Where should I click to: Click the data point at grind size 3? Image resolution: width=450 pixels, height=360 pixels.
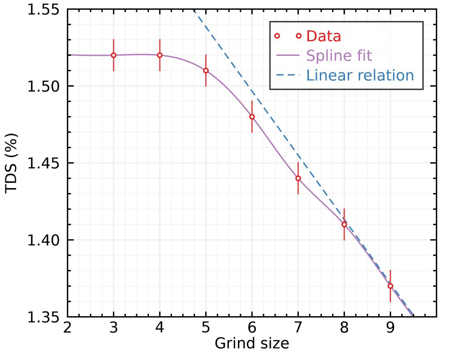[113, 55]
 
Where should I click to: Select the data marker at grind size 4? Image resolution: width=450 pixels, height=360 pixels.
[160, 55]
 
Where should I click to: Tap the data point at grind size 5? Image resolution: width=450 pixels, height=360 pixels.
[206, 70]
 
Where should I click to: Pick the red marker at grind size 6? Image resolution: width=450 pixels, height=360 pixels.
[252, 116]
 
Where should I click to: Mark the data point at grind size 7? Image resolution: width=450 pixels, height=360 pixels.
[298, 178]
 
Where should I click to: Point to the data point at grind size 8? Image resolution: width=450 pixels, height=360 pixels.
[344, 224]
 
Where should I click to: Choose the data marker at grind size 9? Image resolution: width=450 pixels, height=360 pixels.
[390, 286]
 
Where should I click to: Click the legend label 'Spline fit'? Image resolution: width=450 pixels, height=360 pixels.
[339, 56]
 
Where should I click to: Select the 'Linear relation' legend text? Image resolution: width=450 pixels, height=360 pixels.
[360, 75]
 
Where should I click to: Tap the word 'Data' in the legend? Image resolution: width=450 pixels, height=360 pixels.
[324, 36]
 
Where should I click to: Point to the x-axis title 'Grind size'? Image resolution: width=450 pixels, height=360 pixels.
[252, 343]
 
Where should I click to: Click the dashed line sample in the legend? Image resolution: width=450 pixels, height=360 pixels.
[288, 75]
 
